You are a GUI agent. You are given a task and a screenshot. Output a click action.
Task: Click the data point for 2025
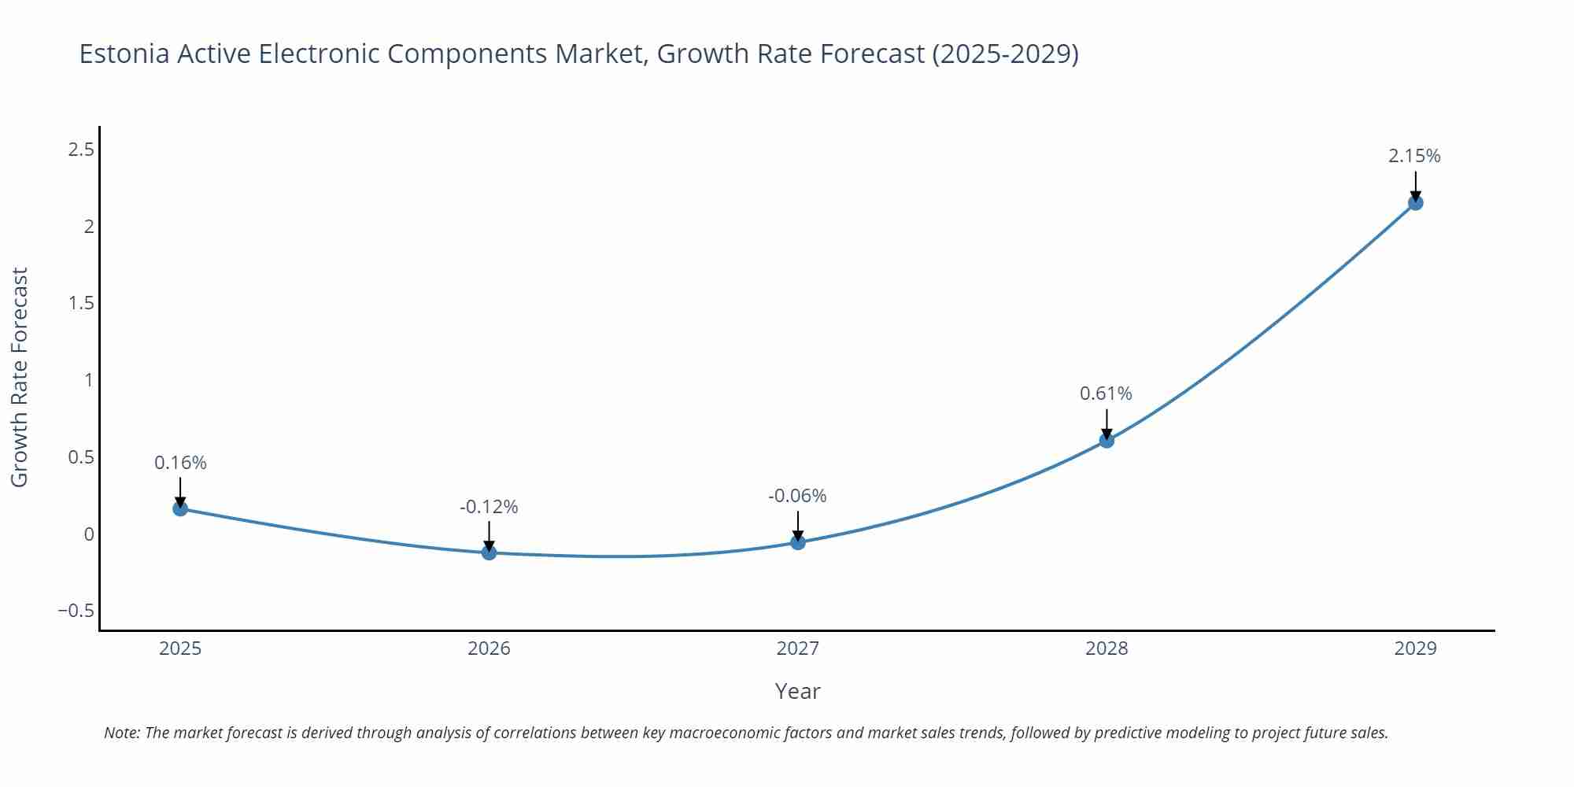pos(180,508)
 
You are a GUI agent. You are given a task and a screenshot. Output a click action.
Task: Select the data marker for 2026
pos(489,552)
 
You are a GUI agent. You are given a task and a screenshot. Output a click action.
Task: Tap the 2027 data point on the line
pos(797,542)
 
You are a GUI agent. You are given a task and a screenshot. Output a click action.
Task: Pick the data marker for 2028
pos(1107,440)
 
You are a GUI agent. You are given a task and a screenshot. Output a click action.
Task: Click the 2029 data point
pos(1415,203)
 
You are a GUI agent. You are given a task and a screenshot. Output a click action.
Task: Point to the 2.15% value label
pos(1414,156)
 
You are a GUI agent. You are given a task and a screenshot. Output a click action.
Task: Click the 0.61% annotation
pos(1106,393)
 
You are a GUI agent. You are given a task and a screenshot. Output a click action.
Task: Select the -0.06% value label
pos(797,496)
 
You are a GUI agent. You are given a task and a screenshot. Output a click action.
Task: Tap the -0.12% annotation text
pos(489,507)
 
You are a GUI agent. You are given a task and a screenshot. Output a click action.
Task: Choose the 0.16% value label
pos(180,463)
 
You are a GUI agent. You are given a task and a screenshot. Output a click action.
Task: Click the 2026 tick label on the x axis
pos(489,648)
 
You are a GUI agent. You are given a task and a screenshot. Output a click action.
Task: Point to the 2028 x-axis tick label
pos(1107,648)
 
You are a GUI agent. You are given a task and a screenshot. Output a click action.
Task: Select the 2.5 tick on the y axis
pos(81,150)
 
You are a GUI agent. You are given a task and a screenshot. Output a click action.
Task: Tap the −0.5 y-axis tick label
pos(76,611)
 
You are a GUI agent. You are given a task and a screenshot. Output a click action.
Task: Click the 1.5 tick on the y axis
pos(81,303)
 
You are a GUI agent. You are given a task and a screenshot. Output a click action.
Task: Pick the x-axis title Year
pos(797,691)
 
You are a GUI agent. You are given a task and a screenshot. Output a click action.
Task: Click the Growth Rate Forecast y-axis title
pos(20,377)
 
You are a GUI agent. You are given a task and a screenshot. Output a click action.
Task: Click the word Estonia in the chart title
pos(124,54)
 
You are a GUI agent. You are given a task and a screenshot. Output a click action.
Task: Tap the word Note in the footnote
pos(120,733)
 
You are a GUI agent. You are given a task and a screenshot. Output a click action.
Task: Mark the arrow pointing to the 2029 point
pos(1415,186)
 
